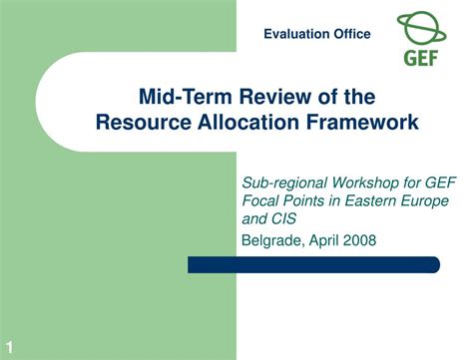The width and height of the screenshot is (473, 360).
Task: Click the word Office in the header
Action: click(x=351, y=34)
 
